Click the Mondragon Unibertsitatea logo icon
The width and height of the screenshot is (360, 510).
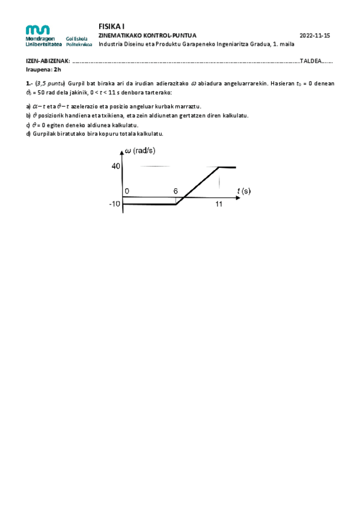[38, 29]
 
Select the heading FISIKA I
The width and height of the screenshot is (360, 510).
[110, 26]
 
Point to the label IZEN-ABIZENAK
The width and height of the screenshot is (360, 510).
[47, 61]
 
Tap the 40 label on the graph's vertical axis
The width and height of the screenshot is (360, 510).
[116, 166]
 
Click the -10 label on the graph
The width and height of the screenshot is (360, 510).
[115, 204]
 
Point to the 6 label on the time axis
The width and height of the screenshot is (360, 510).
[175, 191]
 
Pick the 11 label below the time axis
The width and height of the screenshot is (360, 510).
[219, 204]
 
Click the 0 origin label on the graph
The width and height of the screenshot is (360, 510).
[127, 191]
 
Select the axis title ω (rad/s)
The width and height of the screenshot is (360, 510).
[144, 152]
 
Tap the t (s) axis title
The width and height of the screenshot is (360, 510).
[244, 191]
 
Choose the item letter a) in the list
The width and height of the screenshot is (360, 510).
[28, 106]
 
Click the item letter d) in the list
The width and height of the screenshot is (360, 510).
[28, 134]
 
